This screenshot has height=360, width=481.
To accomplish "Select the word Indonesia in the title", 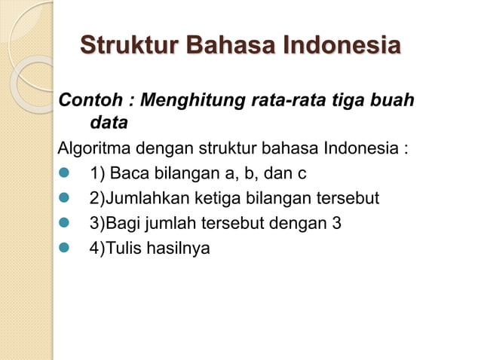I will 340,45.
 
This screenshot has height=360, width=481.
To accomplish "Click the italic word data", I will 109,121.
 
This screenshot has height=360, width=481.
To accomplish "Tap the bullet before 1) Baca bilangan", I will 64,175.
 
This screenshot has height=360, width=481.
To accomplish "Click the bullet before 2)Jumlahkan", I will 64,199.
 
